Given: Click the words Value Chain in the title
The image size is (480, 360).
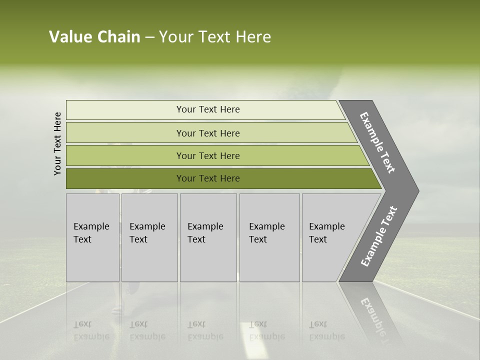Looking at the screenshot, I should pos(94,37).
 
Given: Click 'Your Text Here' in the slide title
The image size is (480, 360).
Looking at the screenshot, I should pos(215,37).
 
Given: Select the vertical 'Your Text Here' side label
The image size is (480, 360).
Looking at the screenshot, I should pos(57,143).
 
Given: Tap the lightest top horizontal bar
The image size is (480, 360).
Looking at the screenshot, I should pos(207,109).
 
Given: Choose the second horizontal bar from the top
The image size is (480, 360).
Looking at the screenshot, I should pos(207,133).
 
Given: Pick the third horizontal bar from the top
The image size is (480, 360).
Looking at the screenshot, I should pos(207,155).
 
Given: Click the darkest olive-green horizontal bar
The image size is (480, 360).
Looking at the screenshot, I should pos(207,178).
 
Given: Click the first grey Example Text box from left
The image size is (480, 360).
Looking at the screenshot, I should pos(92,237).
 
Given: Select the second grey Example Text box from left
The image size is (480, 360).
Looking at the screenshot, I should pos(149,237).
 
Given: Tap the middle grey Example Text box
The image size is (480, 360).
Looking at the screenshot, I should pos(208,237).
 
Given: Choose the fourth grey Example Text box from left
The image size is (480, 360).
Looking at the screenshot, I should pos(269,237).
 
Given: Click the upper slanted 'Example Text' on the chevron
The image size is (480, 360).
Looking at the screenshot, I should pos(377,142).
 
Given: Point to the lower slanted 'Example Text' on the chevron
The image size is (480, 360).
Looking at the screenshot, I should pos(379,236).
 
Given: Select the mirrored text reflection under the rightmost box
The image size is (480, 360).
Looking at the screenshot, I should pos(326,330).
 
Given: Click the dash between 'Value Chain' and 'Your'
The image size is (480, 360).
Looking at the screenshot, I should pos(149,37).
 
